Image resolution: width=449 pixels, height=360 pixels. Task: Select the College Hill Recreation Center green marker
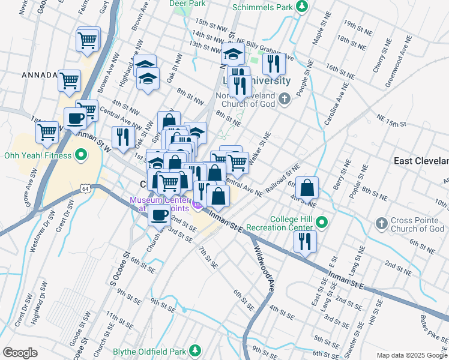tap(322, 223)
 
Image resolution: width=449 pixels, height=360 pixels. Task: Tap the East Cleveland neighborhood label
tap(420, 161)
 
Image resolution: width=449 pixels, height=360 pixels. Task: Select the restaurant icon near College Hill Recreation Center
tap(305, 241)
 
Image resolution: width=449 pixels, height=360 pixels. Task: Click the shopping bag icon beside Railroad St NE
tap(307, 187)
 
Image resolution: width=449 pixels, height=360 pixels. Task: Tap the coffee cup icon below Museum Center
tap(159, 215)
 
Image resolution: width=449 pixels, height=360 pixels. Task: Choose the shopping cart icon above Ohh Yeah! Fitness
tap(47, 131)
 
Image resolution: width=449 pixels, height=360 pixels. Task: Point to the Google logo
tap(20, 353)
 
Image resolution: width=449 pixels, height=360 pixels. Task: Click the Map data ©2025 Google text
tap(411, 355)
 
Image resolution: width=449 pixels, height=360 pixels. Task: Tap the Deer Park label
tap(187, 4)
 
